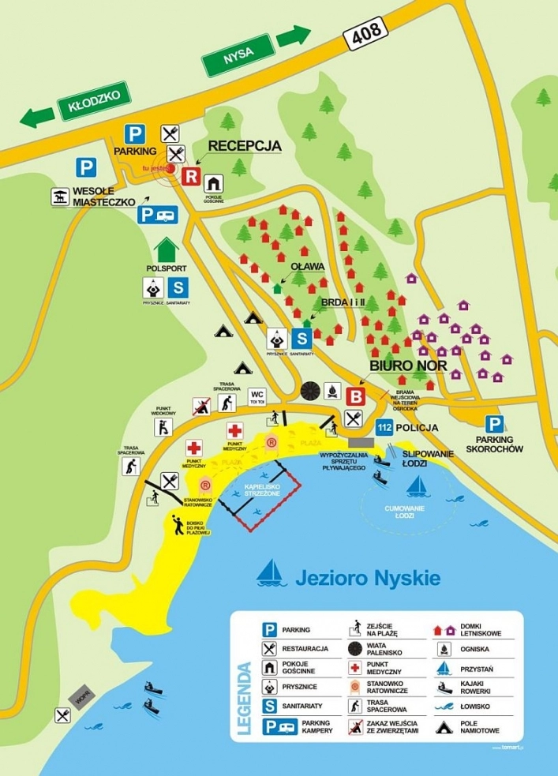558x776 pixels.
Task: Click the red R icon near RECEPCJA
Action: [190, 176]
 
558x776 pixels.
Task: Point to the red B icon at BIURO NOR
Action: [357, 396]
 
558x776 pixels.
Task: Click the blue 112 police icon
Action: [384, 427]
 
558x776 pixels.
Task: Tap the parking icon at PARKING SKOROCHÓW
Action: [494, 425]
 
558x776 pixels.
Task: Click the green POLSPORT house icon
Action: [167, 250]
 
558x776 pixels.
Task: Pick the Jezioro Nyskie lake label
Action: [368, 578]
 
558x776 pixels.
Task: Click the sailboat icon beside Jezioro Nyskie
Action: [271, 573]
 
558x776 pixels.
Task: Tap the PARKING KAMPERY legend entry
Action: [300, 725]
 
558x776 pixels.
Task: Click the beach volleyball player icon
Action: [178, 524]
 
